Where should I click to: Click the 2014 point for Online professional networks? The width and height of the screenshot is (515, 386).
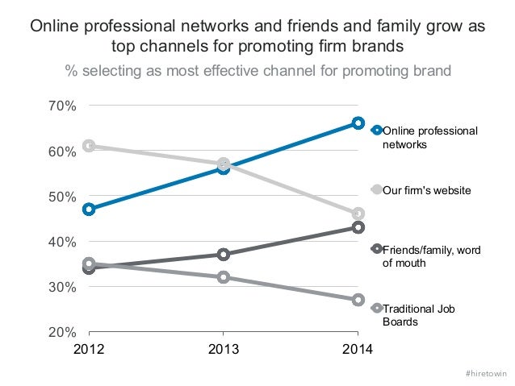pyautogui.click(x=358, y=123)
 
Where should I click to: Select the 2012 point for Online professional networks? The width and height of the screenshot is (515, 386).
pyautogui.click(x=89, y=209)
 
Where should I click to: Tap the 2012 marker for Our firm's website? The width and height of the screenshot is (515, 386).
pyautogui.click(x=89, y=146)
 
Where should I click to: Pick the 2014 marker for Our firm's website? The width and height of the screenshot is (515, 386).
pyautogui.click(x=358, y=214)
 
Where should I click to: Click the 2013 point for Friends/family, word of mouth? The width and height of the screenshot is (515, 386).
pyautogui.click(x=224, y=254)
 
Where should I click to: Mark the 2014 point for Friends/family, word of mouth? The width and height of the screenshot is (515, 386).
pyautogui.click(x=358, y=227)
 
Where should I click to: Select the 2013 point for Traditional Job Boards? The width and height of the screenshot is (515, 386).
pyautogui.click(x=224, y=276)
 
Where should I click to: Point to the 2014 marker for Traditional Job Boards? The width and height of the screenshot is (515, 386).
pyautogui.click(x=358, y=299)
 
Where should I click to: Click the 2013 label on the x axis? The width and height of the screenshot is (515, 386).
pyautogui.click(x=224, y=350)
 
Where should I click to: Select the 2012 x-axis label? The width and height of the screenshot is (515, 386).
pyautogui.click(x=89, y=350)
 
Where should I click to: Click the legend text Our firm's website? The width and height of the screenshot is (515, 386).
pyautogui.click(x=426, y=189)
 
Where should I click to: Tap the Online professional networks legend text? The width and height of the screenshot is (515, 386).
pyautogui.click(x=429, y=137)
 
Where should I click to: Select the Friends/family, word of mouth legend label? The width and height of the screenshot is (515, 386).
pyautogui.click(x=431, y=256)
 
